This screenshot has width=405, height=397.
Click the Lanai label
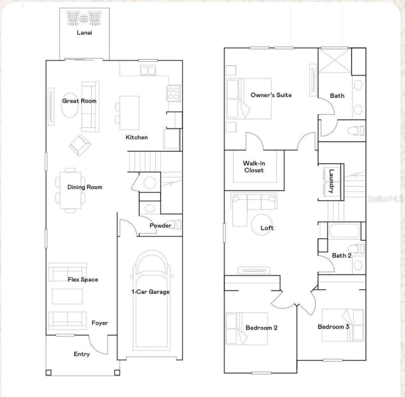pos(84,33)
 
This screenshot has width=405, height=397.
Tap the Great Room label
pos(79,101)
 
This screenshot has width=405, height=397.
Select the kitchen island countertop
pos(129,113)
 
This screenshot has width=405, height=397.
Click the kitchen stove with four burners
pos(174,93)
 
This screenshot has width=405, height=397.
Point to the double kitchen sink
pos(148,70)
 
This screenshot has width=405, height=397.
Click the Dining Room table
pos(71,190)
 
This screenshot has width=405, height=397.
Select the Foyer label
pos(100,323)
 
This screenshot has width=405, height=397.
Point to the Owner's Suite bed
pos(249,98)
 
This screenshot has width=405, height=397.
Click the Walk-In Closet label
pos(254,167)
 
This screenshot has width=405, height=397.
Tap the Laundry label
pos(331,181)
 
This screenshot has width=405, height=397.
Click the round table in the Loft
pos(262,224)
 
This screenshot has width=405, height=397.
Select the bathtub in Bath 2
pos(345,230)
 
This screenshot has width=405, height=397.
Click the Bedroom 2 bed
pos(246,329)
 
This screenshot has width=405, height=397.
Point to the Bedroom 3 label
pos(333,327)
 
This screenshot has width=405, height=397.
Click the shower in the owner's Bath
pos(334,60)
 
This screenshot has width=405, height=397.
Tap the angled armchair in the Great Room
pos(80,145)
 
